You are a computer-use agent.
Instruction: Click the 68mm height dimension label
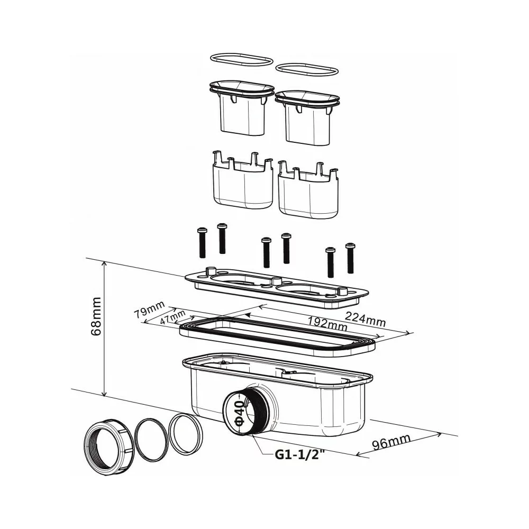click(96, 316)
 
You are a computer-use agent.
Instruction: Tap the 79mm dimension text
click(149, 309)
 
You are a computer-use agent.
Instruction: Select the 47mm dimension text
click(172, 317)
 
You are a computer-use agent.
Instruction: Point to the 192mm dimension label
click(326, 323)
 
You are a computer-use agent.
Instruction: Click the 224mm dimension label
click(365, 319)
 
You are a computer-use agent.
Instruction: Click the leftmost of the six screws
click(202, 243)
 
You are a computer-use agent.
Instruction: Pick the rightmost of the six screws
click(351, 258)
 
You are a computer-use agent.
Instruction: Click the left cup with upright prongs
click(243, 181)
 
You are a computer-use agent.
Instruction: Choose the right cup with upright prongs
click(308, 190)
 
